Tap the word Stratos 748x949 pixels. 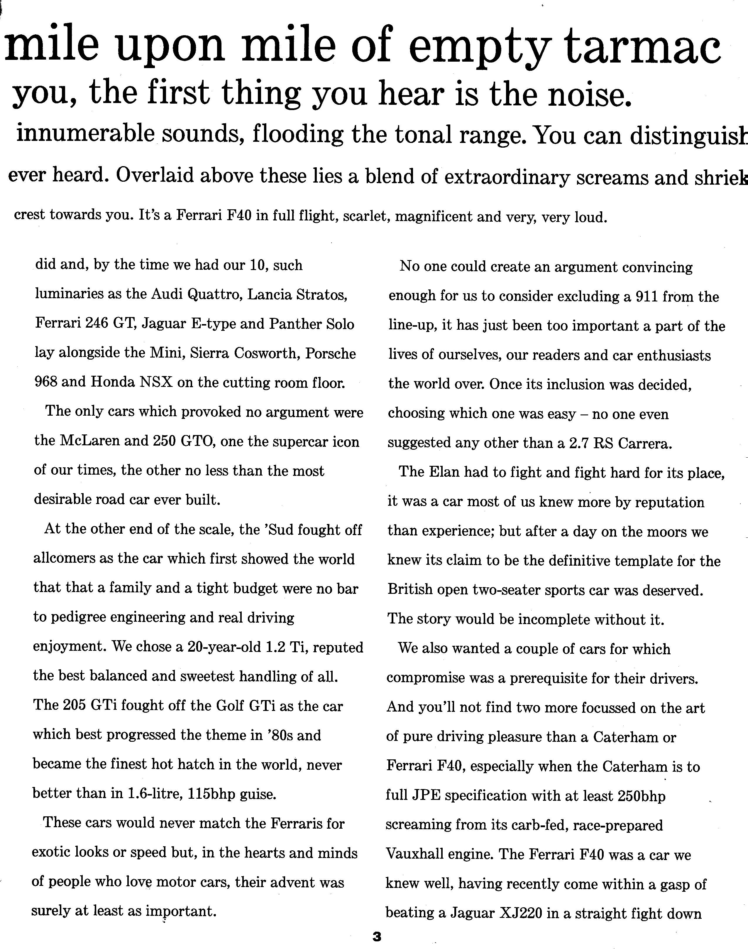click(321, 294)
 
